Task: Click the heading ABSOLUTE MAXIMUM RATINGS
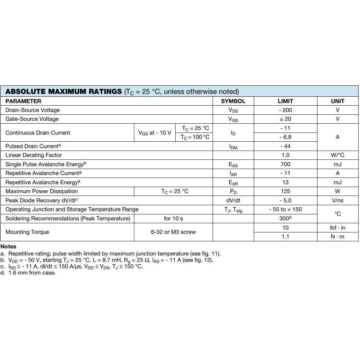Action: tap(64, 91)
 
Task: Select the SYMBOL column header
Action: tap(233, 101)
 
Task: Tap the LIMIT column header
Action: tap(285, 101)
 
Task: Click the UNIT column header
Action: tap(337, 101)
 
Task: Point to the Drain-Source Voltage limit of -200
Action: tap(285, 110)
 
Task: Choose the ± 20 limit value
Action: tap(285, 119)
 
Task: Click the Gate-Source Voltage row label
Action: tap(32, 119)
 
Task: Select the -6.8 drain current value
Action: tap(285, 137)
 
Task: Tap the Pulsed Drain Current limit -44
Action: tap(285, 146)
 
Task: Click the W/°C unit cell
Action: tap(337, 155)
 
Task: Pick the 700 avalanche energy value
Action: tap(285, 164)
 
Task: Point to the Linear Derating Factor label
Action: tap(34, 155)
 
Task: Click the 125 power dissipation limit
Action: tap(285, 191)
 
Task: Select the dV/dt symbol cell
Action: tap(233, 201)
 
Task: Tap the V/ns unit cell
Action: tap(337, 201)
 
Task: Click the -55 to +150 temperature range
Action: tap(285, 209)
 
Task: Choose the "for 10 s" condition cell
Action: tap(173, 219)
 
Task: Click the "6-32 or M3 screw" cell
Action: tap(173, 232)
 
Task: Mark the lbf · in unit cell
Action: tap(337, 228)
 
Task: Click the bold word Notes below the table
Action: tap(9, 247)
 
